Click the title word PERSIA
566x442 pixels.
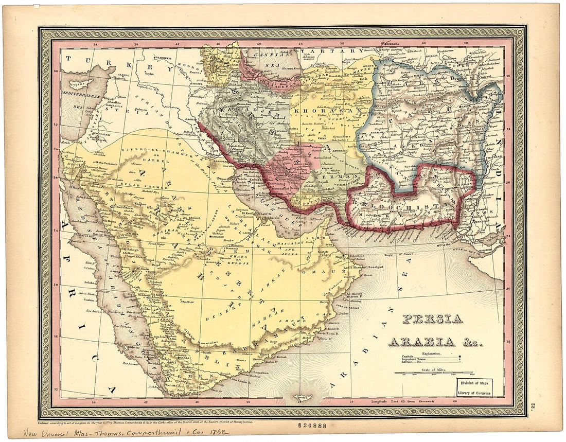pyautogui.click(x=432, y=319)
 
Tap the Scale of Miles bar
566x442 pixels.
pyautogui.click(x=434, y=372)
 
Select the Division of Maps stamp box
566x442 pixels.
pyautogui.click(x=474, y=387)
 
